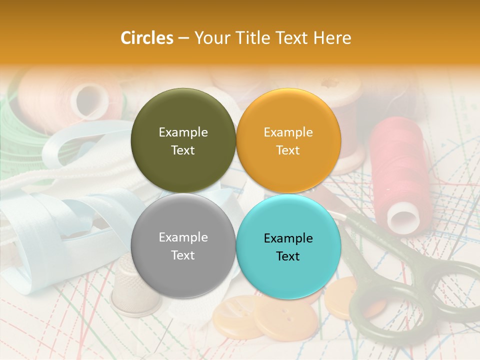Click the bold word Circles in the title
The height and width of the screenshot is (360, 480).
tap(146, 38)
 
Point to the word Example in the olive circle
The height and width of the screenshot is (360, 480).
tap(183, 132)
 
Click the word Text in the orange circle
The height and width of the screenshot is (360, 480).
tap(288, 150)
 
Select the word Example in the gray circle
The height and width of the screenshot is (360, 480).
tap(183, 237)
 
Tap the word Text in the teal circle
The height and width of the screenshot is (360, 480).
tap(288, 256)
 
